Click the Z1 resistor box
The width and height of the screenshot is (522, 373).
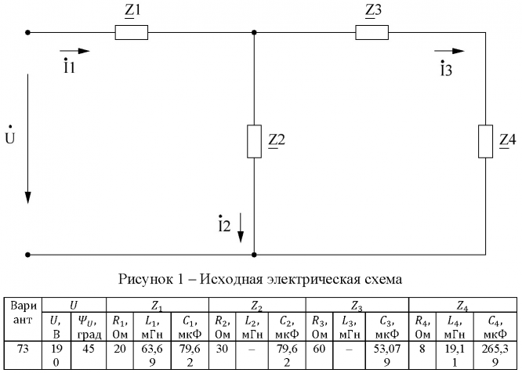[x=131, y=33]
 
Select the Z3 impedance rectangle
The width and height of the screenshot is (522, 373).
[x=372, y=33]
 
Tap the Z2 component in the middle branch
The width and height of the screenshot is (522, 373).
[x=253, y=141]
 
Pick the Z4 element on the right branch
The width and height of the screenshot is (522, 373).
[x=485, y=141]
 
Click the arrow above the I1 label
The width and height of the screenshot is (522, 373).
[x=76, y=51]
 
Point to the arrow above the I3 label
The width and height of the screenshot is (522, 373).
[x=448, y=51]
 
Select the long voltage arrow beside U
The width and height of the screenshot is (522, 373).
[x=28, y=138]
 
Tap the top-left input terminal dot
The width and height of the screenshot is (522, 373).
[x=28, y=33]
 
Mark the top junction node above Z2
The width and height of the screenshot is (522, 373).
[x=253, y=33]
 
